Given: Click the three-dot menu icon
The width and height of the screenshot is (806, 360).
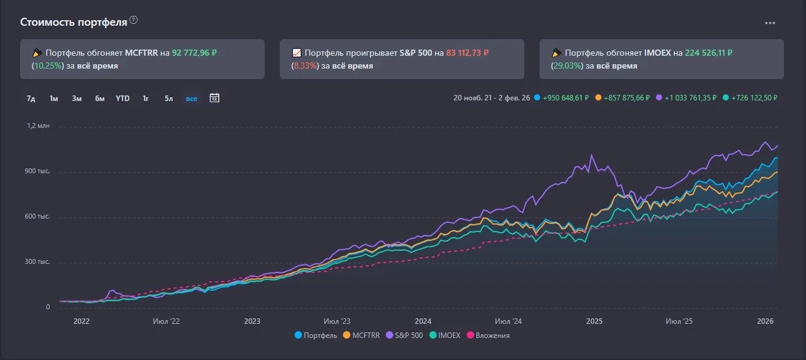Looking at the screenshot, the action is (770, 23).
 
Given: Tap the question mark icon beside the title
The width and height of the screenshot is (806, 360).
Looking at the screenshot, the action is (134, 20).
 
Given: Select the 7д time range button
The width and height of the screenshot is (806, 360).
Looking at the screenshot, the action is (31, 99).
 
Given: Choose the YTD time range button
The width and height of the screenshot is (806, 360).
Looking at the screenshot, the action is (122, 98).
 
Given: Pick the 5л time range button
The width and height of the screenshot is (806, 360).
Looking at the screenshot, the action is (168, 99).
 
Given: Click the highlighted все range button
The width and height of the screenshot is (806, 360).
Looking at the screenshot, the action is (192, 99).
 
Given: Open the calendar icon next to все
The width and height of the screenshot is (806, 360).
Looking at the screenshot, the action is (214, 98).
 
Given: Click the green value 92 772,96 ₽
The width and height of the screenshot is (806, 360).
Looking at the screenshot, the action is (194, 53).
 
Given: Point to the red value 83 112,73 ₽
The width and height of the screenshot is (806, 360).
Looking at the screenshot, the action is (467, 53).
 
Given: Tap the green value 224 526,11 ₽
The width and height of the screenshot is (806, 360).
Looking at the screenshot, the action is (709, 53).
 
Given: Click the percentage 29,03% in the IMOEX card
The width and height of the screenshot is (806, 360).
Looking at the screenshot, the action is (567, 66).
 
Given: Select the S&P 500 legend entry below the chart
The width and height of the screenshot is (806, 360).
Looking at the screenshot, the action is (404, 335).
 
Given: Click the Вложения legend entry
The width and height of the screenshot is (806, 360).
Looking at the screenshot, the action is (488, 335).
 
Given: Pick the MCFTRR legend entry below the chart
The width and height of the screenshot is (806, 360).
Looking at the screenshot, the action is (361, 335).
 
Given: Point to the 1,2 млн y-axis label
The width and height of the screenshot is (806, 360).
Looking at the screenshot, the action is (38, 126).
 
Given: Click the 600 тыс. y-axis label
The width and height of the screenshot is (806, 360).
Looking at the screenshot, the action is (37, 217).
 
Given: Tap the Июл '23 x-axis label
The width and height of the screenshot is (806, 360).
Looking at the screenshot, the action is (337, 321).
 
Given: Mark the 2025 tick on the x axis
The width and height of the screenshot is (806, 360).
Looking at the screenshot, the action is (594, 321).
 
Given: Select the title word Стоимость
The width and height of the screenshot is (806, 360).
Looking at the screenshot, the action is (48, 22).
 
